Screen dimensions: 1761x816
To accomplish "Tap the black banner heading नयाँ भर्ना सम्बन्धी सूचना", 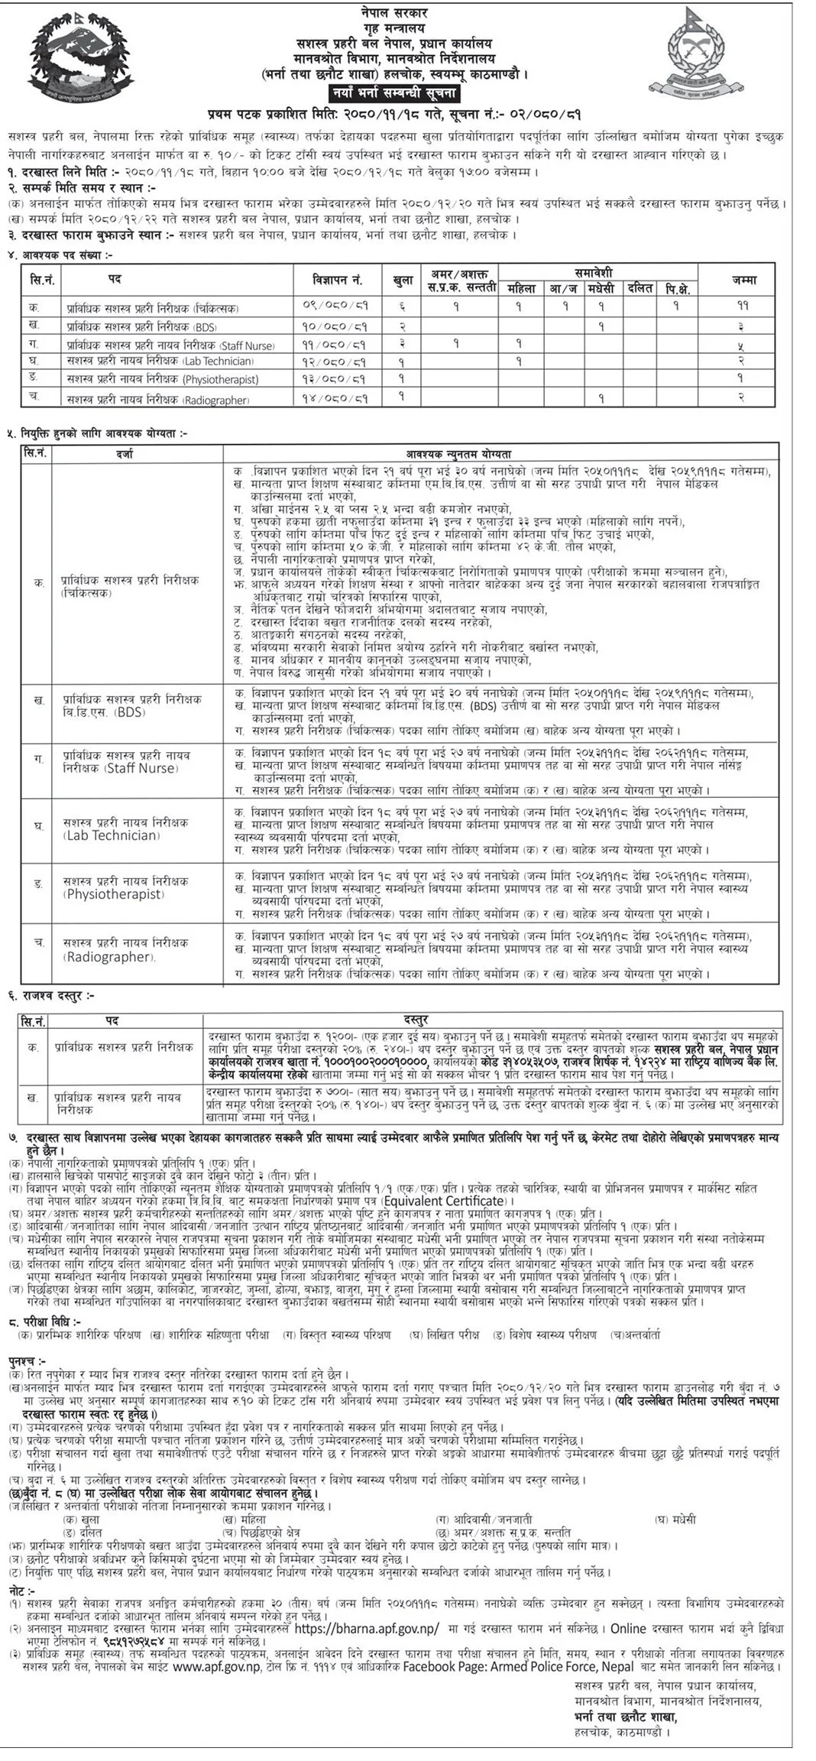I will pyautogui.click(x=392, y=95).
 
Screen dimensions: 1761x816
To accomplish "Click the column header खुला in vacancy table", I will pyautogui.click(x=402, y=280).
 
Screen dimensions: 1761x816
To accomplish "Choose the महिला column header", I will pyautogui.click(x=517, y=288).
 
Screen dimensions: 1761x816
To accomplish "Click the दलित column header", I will pyautogui.click(x=640, y=288).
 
